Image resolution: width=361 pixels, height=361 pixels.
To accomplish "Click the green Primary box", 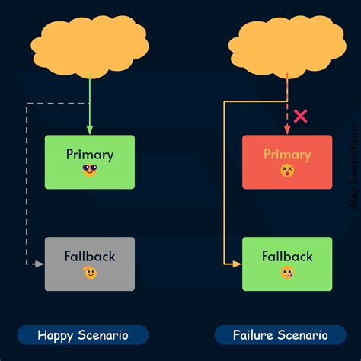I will pyautogui.click(x=90, y=161).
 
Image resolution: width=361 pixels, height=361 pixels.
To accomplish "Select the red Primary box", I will pyautogui.click(x=287, y=161).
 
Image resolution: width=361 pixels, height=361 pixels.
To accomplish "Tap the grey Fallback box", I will pyautogui.click(x=90, y=264).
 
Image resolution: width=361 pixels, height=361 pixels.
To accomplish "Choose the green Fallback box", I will pyautogui.click(x=287, y=264).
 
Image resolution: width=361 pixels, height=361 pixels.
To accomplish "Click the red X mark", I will pyautogui.click(x=301, y=117).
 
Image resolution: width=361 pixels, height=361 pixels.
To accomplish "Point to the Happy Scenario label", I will pyautogui.click(x=83, y=335).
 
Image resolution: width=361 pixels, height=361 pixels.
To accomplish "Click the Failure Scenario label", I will pyautogui.click(x=281, y=335).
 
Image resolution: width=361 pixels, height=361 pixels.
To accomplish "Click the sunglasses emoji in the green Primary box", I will pyautogui.click(x=90, y=171).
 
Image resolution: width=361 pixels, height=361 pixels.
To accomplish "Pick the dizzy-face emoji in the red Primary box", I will pyautogui.click(x=287, y=171).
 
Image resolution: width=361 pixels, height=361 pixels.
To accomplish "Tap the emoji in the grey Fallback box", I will pyautogui.click(x=90, y=273).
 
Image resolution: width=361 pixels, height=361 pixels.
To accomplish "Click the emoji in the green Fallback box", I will pyautogui.click(x=287, y=273).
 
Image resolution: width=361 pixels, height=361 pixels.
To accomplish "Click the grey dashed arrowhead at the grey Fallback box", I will pyautogui.click(x=40, y=264).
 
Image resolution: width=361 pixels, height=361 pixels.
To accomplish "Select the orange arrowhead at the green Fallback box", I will pyautogui.click(x=237, y=264).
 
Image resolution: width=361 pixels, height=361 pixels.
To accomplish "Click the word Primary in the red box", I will pyautogui.click(x=287, y=155).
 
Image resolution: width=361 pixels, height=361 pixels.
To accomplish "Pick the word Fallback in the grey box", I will pyautogui.click(x=90, y=256).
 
